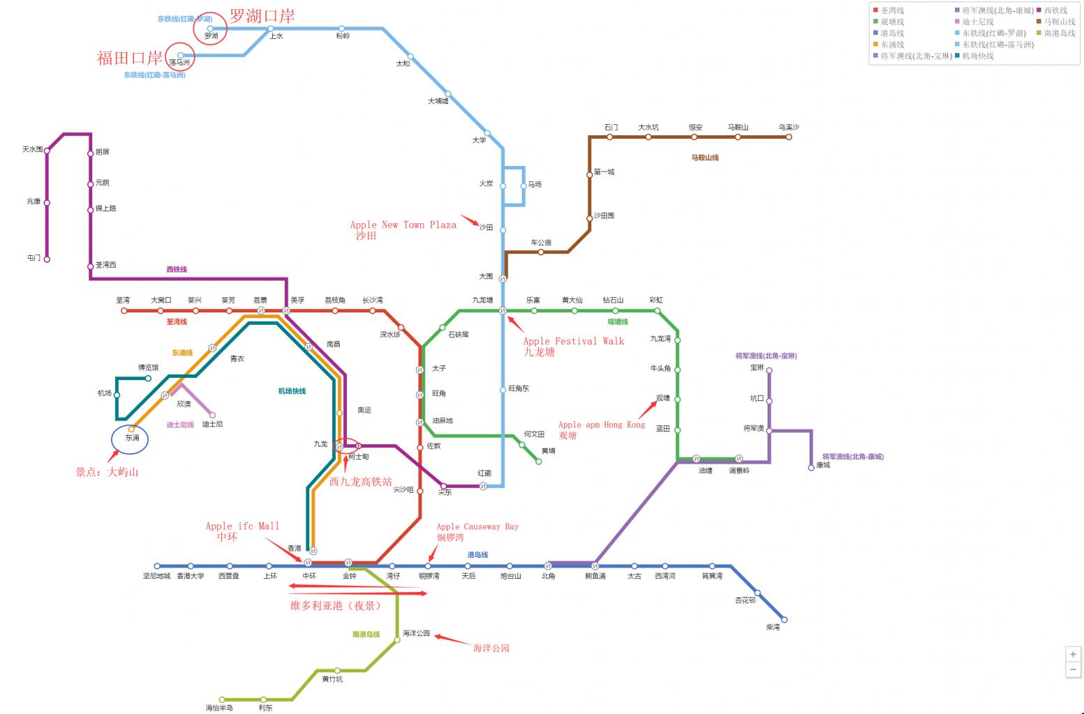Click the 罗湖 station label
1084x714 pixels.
point(211,36)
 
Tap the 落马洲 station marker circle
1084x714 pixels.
point(181,55)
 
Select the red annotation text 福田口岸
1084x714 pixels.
point(129,58)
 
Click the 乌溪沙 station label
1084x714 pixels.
point(789,128)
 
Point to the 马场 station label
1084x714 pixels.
point(535,185)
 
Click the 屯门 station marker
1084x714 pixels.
point(47,259)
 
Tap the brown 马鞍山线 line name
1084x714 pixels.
point(705,158)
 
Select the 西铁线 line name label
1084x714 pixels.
point(177,269)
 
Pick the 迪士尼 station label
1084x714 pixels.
point(213,424)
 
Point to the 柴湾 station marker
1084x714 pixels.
point(784,619)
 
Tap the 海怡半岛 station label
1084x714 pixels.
point(219,708)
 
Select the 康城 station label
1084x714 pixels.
point(824,465)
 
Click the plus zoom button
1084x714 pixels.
point(1073,654)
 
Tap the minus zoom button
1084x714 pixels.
point(1073,669)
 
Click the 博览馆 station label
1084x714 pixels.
point(148,367)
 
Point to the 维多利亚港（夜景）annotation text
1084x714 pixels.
point(336,606)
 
